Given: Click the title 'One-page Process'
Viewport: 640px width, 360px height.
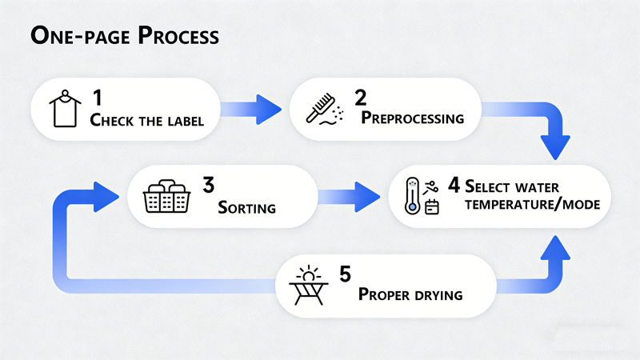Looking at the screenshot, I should (x=124, y=36).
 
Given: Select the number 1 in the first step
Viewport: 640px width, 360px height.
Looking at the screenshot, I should (x=97, y=98).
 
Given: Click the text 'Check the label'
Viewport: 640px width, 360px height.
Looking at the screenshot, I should (x=147, y=122).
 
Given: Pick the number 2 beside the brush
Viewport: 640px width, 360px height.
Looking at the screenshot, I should (x=361, y=98).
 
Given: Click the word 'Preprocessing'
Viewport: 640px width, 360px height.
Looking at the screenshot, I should (x=413, y=118).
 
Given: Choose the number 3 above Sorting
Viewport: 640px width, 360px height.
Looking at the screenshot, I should (x=208, y=186).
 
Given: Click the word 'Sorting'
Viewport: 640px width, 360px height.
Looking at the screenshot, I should (x=247, y=208).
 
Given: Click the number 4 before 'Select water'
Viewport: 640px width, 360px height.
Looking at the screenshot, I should (x=454, y=186).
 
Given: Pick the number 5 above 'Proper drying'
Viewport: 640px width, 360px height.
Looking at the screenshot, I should (x=345, y=274).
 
